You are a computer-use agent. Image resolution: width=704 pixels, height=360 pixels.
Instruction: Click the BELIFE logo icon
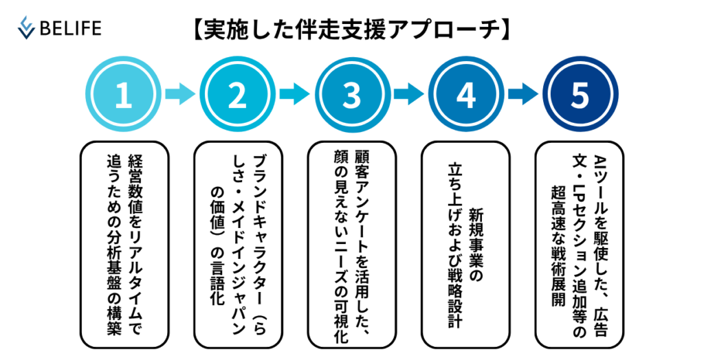pyautogui.click(x=26, y=28)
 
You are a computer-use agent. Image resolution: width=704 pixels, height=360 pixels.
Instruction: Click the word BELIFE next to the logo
pyautogui.click(x=71, y=28)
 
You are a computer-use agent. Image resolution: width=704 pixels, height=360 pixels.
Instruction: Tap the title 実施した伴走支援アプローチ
pyautogui.click(x=351, y=30)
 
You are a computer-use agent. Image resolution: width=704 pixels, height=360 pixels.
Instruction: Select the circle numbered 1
pyautogui.click(x=124, y=94)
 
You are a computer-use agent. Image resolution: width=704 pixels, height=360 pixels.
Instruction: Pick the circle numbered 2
pyautogui.click(x=237, y=94)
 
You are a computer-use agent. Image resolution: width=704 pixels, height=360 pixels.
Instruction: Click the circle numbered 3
pyautogui.click(x=351, y=94)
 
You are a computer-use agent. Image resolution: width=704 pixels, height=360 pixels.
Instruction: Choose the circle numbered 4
pyautogui.click(x=465, y=94)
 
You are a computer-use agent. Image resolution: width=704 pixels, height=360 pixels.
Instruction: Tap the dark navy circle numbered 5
pyautogui.click(x=580, y=94)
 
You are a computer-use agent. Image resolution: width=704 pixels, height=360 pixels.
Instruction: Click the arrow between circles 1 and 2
pyautogui.click(x=181, y=94)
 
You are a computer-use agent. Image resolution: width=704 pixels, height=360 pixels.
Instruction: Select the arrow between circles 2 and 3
pyautogui.click(x=294, y=94)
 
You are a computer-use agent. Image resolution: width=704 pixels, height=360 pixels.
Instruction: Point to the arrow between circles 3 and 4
pyautogui.click(x=408, y=94)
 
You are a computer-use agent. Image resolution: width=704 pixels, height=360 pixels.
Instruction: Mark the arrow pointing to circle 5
pyautogui.click(x=523, y=94)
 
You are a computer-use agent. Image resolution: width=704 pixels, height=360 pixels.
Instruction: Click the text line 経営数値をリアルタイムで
pyautogui.click(x=134, y=245)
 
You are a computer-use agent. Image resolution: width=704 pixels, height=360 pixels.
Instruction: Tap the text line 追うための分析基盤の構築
pyautogui.click(x=113, y=245)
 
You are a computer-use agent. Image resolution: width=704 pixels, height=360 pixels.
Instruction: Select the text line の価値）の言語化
pyautogui.click(x=217, y=245)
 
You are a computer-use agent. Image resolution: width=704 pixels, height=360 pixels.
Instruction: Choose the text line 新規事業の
pyautogui.click(x=476, y=245)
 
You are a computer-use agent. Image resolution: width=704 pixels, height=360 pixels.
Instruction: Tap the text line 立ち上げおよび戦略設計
pyautogui.click(x=455, y=245)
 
